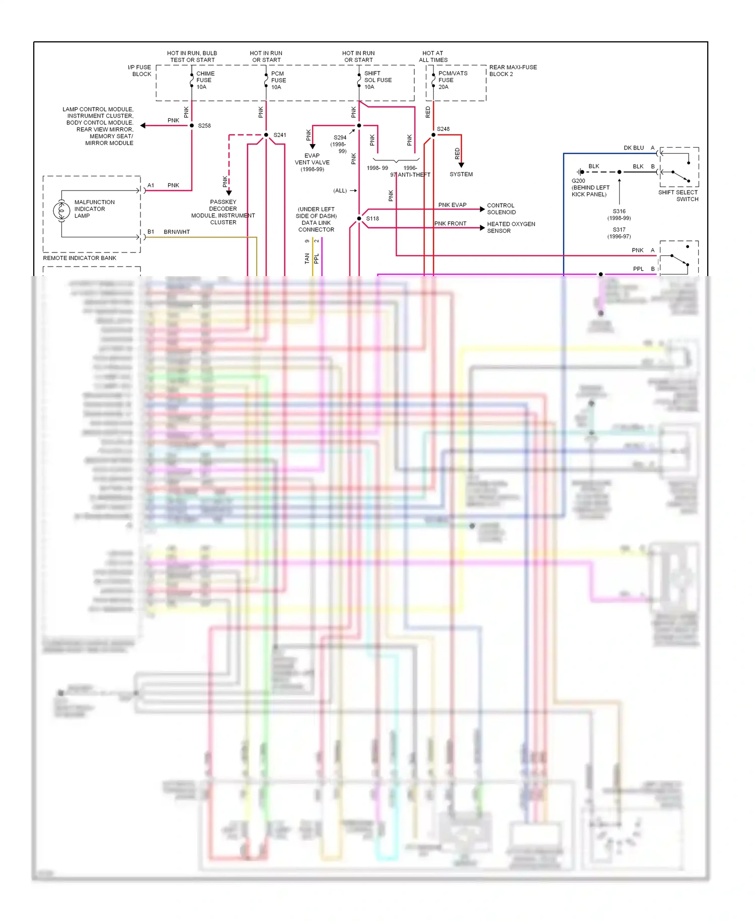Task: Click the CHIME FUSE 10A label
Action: point(205,80)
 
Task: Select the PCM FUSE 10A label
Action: point(278,80)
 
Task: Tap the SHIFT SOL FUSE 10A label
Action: point(377,80)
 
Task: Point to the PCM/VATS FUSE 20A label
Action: point(452,80)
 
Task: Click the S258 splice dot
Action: point(192,125)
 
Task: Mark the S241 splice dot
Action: point(266,135)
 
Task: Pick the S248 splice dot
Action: point(433,135)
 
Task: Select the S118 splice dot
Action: point(359,219)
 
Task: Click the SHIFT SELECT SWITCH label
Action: point(678,195)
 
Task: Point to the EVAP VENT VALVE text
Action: point(312,162)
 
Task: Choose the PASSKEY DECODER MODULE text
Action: point(223,212)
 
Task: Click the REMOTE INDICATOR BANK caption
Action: point(80,258)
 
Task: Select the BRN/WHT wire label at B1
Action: point(177,232)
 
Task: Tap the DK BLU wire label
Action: point(633,148)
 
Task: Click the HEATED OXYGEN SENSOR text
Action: point(510,227)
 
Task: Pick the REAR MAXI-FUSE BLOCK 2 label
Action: point(512,71)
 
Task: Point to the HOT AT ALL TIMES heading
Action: point(433,56)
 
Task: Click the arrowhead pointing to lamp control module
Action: point(143,125)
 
